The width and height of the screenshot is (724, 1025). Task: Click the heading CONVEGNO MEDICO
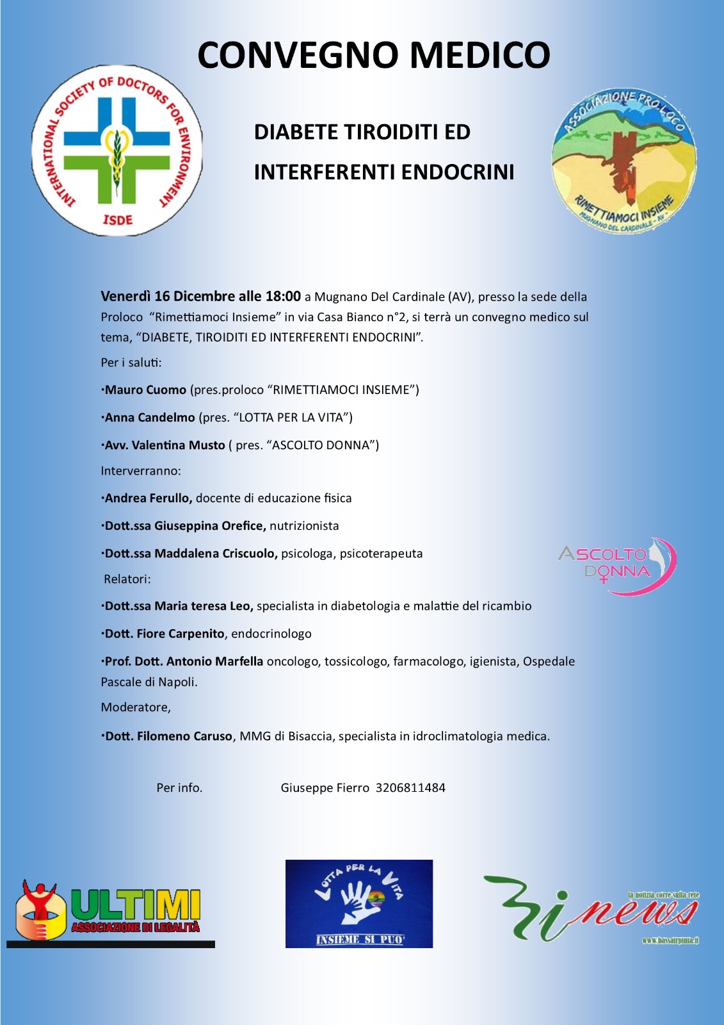tap(374, 55)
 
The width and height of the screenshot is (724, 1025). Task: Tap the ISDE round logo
tap(117, 151)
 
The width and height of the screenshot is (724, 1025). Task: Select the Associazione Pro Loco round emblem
tap(624, 161)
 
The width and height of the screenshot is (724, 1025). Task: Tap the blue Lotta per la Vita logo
tap(359, 903)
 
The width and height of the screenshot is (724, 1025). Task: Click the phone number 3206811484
tap(410, 788)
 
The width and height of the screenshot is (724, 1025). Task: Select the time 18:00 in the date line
tap(283, 297)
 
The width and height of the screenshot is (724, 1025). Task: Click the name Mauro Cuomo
tap(145, 390)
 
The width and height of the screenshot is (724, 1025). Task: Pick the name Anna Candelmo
tap(150, 418)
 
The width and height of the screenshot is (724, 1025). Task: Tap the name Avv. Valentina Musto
tap(165, 445)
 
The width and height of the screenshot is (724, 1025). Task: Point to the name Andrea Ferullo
tap(148, 498)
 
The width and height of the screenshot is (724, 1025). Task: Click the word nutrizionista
tap(304, 526)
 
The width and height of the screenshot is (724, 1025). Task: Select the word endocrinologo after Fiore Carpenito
tap(271, 634)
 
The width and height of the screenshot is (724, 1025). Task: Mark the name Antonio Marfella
tap(214, 661)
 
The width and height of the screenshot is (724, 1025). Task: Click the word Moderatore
tap(135, 707)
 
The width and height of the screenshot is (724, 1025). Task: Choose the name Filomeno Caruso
tap(184, 737)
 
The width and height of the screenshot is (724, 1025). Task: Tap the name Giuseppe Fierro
tap(325, 788)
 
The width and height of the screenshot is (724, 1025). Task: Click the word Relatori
tap(127, 579)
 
